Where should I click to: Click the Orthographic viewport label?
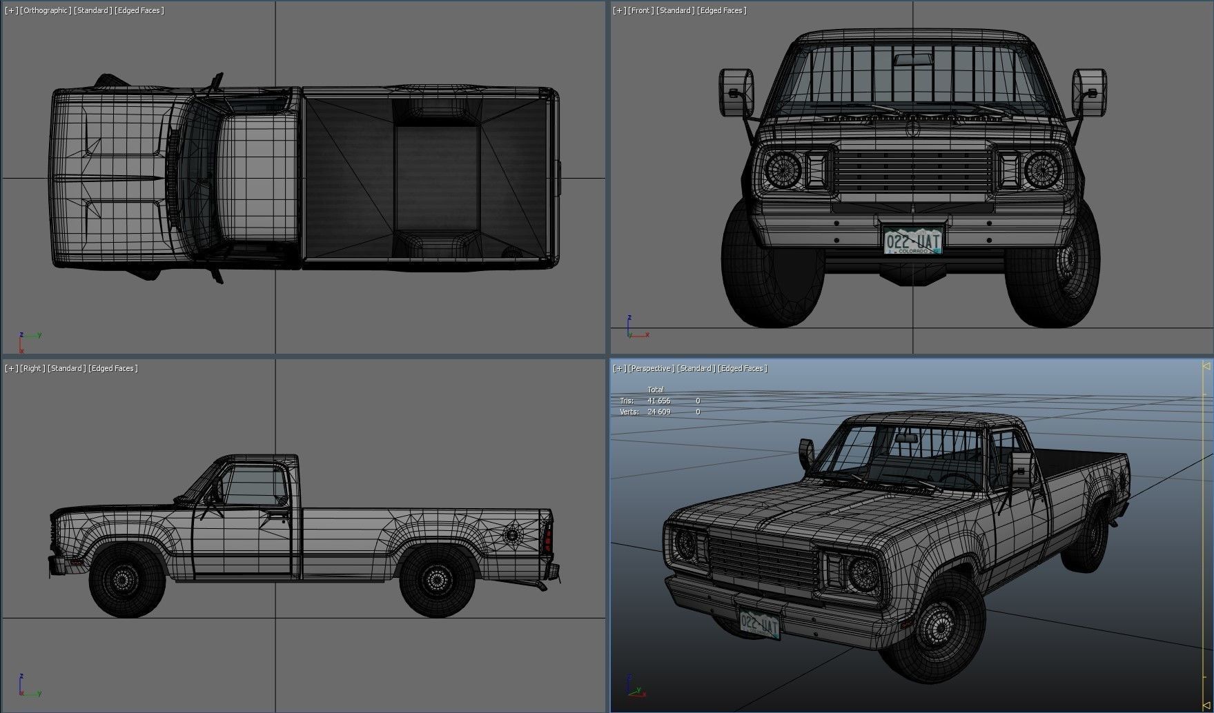click(x=47, y=10)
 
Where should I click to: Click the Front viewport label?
click(x=641, y=10)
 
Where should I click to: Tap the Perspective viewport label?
click(x=652, y=368)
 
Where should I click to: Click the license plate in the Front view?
click(x=912, y=241)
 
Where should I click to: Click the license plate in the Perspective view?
click(x=759, y=625)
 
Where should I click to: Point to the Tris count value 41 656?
click(x=658, y=401)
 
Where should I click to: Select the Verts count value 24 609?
click(x=658, y=412)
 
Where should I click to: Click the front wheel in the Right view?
click(x=127, y=579)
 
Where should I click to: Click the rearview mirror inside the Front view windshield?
click(x=911, y=59)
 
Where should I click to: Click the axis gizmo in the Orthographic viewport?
click(x=28, y=338)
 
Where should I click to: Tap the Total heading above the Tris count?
click(x=656, y=390)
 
